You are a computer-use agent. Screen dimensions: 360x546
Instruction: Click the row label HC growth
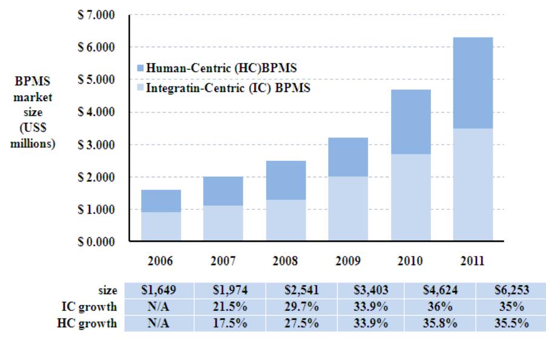click(x=93, y=323)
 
